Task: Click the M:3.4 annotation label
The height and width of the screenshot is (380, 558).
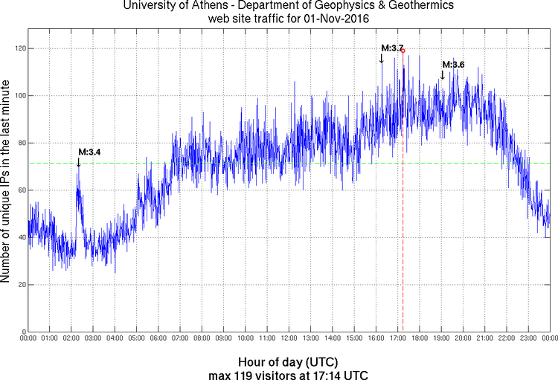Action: coord(89,152)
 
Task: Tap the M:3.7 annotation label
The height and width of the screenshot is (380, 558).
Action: coord(392,48)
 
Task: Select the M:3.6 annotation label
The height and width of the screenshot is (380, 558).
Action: coord(453,65)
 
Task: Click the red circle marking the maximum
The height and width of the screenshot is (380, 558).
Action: coord(403,51)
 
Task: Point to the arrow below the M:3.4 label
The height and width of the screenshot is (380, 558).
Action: coord(79,162)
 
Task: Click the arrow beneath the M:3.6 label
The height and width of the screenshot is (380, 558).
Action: coord(443,74)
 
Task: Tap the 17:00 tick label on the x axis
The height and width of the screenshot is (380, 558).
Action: coord(397,339)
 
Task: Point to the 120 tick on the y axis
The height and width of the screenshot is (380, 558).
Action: coord(16,48)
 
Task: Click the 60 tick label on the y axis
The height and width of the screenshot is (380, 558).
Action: coord(18,190)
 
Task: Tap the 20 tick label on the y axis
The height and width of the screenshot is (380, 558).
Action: coord(18,285)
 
